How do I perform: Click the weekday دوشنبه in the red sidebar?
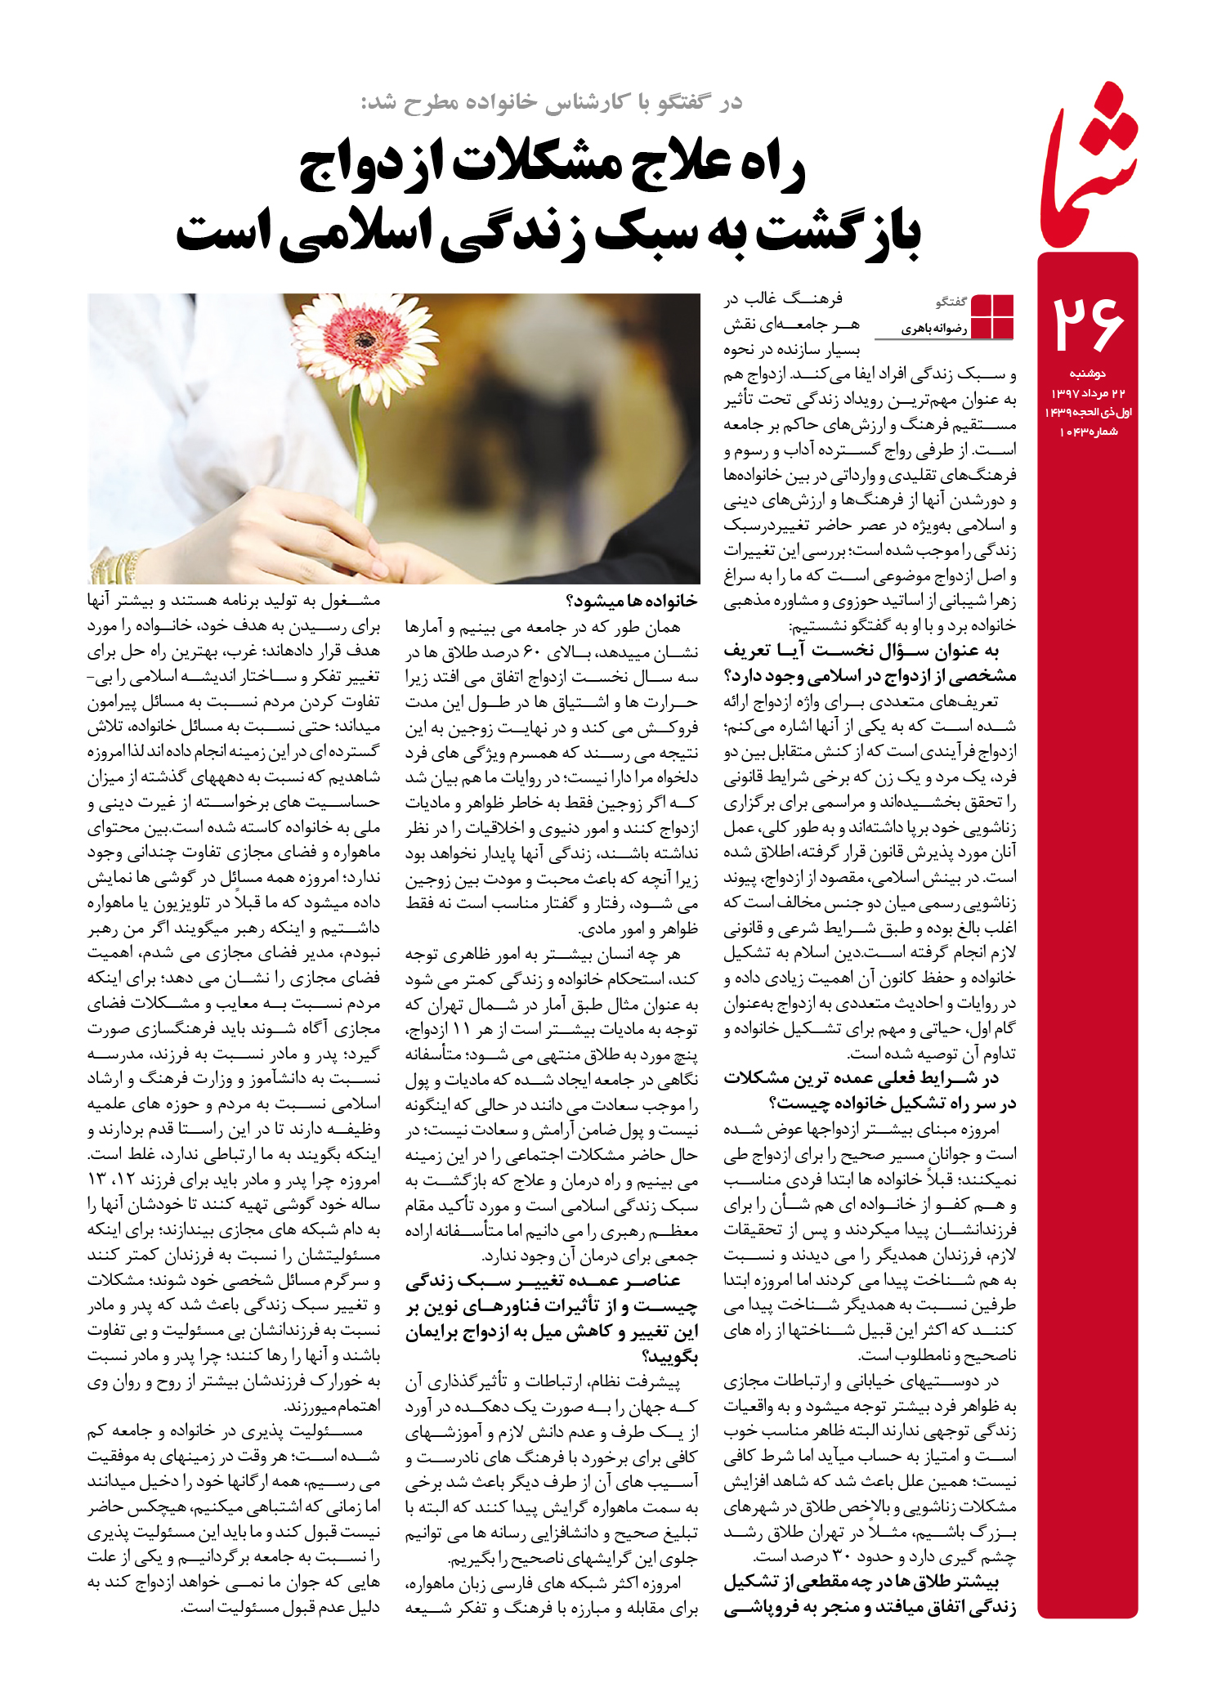pos(1087,374)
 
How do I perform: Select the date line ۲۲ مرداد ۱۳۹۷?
pos(1088,393)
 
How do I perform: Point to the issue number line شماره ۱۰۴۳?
pos(1089,432)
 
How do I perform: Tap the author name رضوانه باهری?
pos(934,329)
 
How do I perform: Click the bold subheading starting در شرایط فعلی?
pos(870,1090)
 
